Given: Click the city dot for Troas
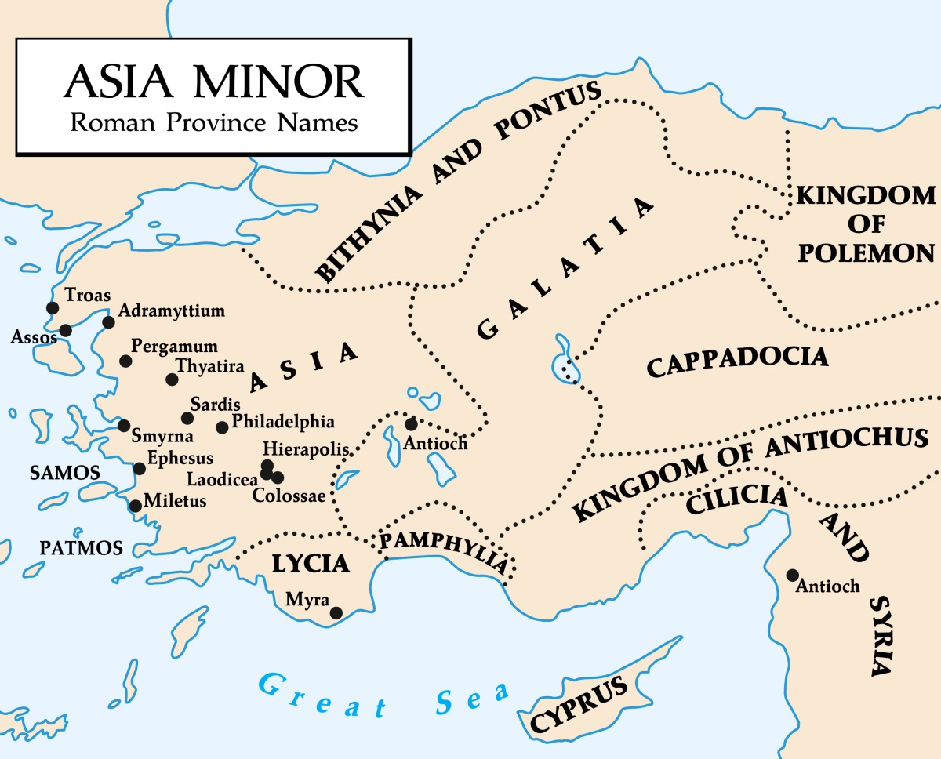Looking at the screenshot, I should (53, 308).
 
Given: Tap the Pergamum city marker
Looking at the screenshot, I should (125, 361).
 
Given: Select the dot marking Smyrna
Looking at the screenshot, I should (124, 426).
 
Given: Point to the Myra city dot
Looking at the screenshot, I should (336, 613).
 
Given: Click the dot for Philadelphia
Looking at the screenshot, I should (222, 427).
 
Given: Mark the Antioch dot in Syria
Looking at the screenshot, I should (793, 575).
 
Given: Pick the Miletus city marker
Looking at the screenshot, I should (135, 506).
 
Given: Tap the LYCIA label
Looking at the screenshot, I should (310, 564).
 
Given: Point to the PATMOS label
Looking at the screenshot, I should (82, 548).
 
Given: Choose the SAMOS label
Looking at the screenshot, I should (64, 473).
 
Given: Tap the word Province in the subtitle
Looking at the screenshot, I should (210, 122).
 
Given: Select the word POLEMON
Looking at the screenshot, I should (866, 252).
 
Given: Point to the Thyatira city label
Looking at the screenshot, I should (209, 366).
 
